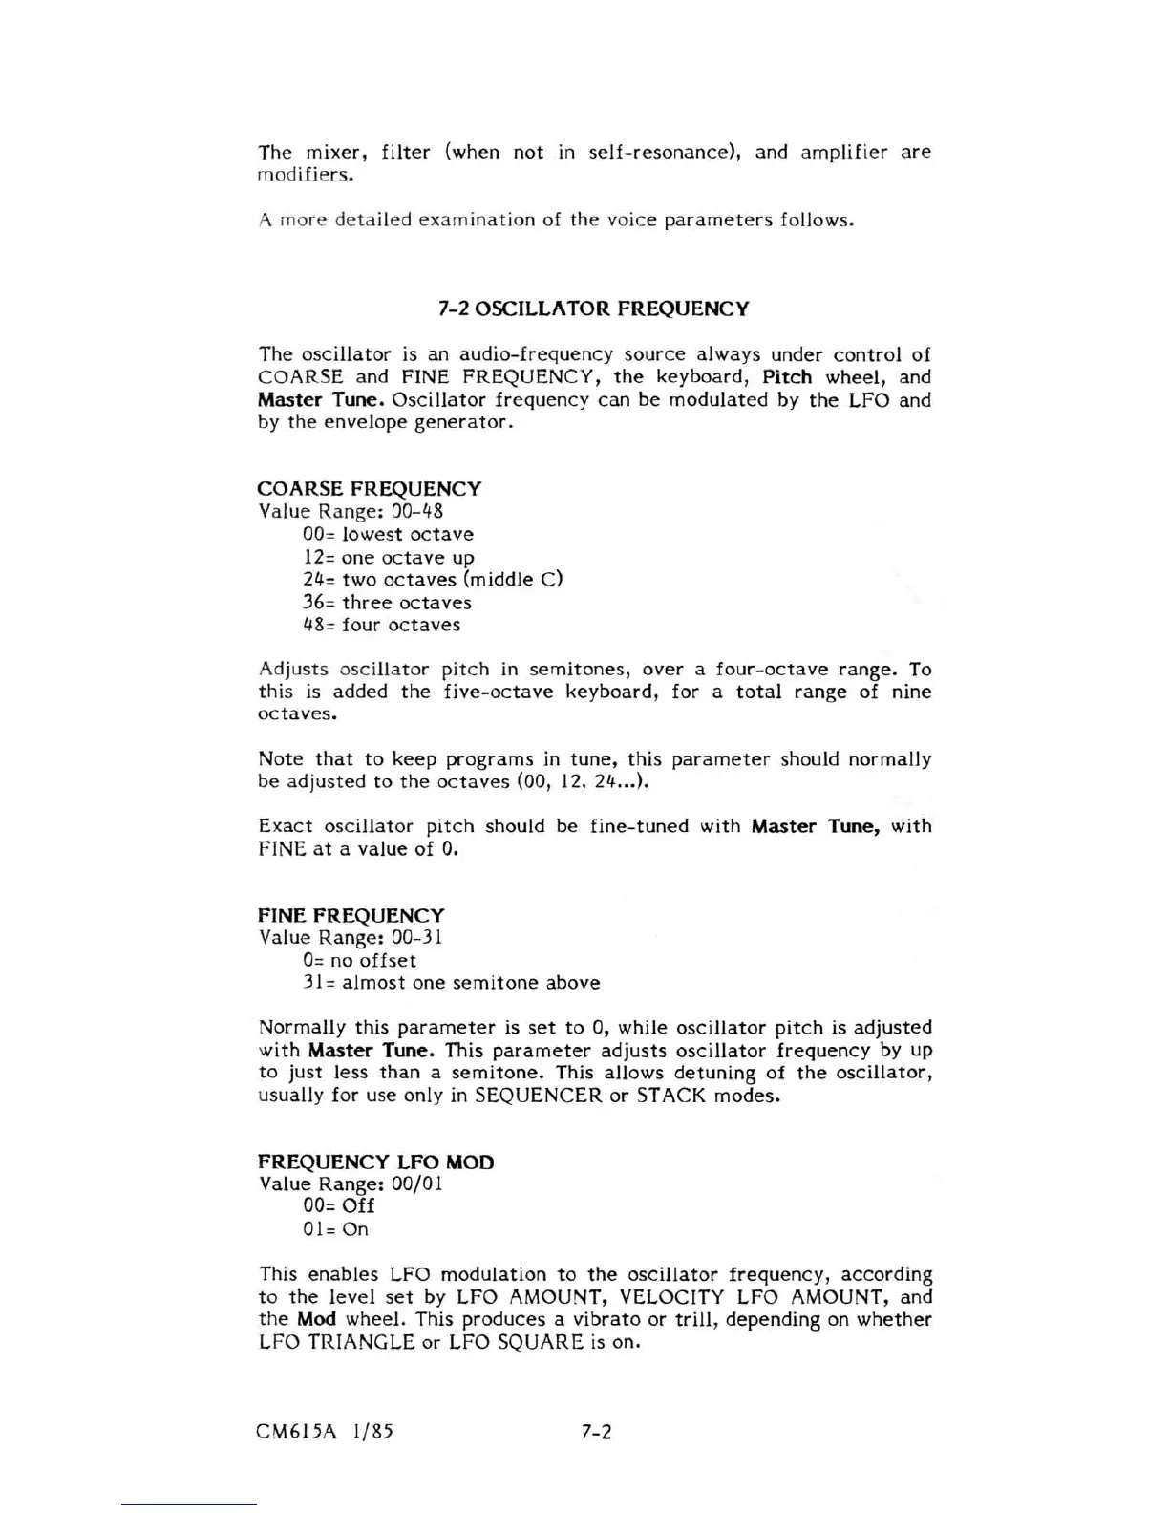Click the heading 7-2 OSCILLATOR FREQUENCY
593,309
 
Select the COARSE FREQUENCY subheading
370,488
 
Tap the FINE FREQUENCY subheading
351,915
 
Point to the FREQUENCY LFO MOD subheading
376,1161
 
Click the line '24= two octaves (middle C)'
433,580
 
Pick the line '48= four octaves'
381,625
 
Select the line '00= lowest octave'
388,535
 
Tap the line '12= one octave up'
388,557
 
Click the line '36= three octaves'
387,603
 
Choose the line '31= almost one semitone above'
451,983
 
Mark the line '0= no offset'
359,960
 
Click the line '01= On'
335,1229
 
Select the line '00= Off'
338,1206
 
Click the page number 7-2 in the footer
596,1431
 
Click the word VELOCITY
671,1296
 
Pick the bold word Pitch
787,377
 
